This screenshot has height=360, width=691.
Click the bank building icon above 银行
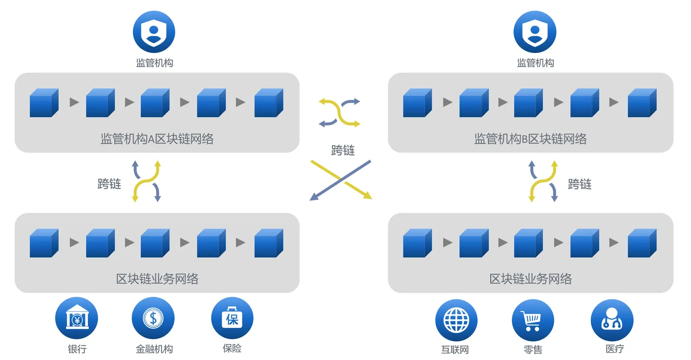tap(77, 319)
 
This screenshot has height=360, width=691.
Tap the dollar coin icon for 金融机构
tap(153, 319)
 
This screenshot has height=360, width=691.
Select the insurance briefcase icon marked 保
tap(232, 319)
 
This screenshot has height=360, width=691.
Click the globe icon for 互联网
tap(457, 320)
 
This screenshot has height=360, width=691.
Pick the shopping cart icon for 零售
tap(533, 320)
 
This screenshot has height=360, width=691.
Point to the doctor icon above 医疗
tap(612, 320)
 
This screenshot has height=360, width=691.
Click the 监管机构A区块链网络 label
tap(157, 139)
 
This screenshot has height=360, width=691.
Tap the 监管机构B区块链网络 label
tap(531, 139)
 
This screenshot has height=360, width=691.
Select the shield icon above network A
tap(154, 32)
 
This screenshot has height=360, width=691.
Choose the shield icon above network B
tap(535, 32)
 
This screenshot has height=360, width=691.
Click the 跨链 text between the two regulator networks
tap(343, 150)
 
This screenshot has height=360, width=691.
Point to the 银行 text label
tap(77, 349)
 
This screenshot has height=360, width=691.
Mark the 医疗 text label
tap(614, 349)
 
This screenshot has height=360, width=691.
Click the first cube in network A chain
tap(44, 103)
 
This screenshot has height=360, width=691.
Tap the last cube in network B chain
tap(642, 103)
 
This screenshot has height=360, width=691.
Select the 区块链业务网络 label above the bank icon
tap(157, 279)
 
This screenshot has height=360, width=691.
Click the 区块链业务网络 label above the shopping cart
tap(531, 279)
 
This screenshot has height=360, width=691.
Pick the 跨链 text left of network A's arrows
tap(109, 184)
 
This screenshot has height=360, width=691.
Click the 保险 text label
tap(232, 348)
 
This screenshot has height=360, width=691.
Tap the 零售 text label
tap(533, 349)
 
